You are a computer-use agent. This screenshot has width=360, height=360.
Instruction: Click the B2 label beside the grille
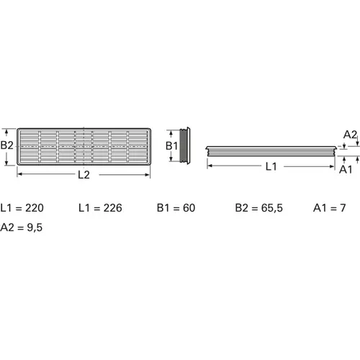[x=7, y=145]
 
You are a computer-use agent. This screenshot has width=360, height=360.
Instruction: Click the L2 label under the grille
[x=83, y=175]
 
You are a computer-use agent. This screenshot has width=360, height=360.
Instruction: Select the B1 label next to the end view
[x=172, y=145]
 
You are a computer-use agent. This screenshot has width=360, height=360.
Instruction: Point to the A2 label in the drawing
[x=350, y=134]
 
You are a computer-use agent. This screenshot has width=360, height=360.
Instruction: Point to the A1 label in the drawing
[x=346, y=169]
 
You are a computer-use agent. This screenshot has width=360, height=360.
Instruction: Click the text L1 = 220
[x=24, y=209]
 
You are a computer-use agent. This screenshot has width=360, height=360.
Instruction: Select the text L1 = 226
[x=99, y=209]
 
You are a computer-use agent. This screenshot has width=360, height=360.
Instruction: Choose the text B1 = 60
[x=176, y=209]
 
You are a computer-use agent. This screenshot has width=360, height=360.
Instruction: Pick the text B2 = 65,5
[x=259, y=209]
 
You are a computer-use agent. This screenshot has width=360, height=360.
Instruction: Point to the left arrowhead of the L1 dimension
[x=209, y=167]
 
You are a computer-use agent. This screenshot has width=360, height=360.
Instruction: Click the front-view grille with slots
[x=84, y=147]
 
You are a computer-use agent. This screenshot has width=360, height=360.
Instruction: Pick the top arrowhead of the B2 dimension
[x=6, y=131]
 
